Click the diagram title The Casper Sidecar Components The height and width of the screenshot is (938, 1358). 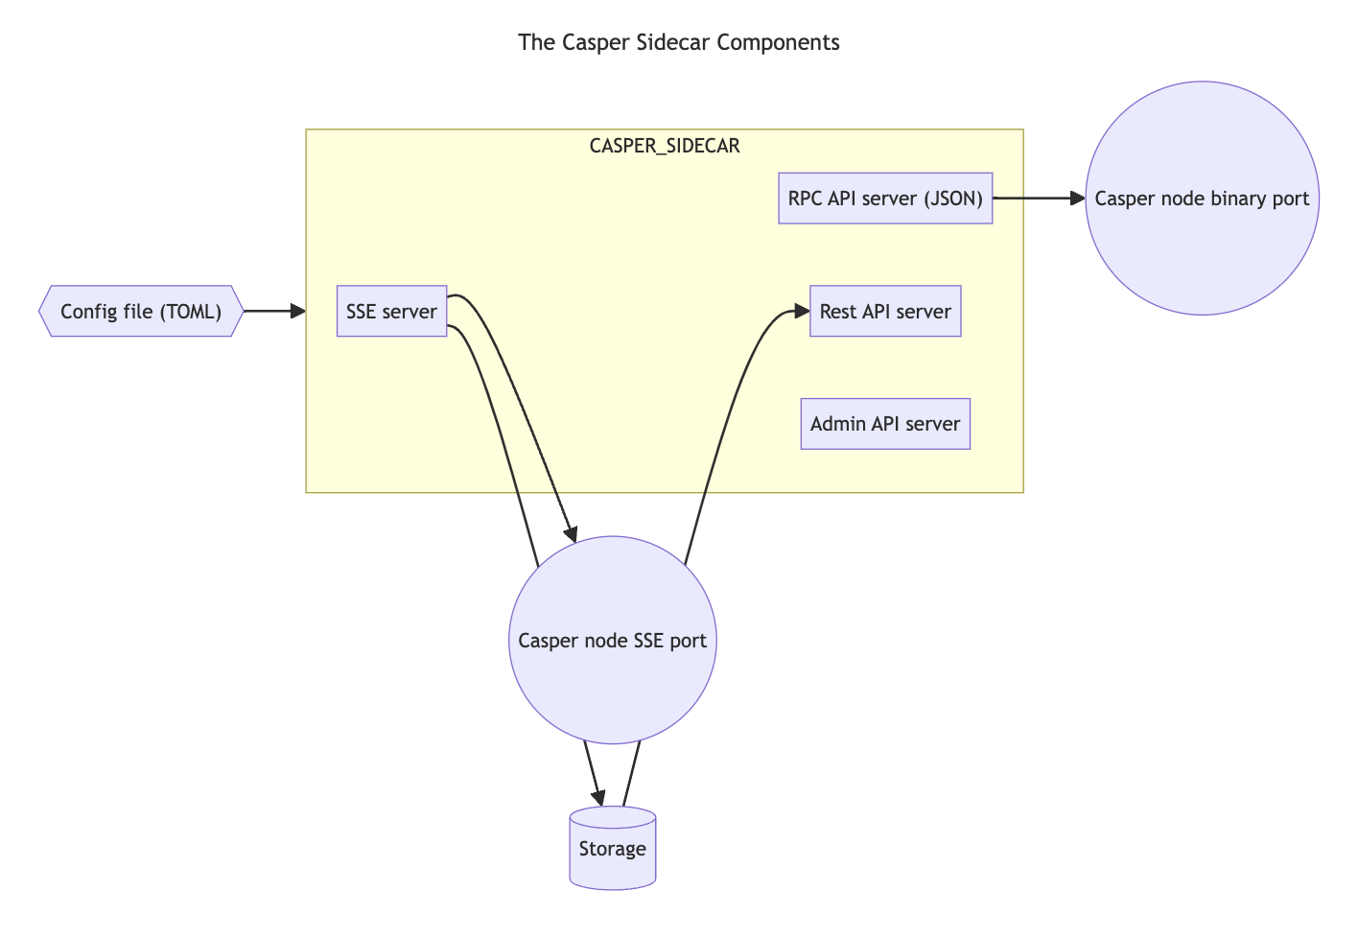tap(678, 42)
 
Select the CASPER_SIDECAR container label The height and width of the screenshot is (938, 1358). tap(664, 146)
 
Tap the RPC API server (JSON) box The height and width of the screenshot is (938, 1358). tap(884, 199)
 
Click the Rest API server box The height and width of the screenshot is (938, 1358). tap(884, 311)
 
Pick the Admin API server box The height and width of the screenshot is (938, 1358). tap(884, 424)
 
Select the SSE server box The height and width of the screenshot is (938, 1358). tap(391, 311)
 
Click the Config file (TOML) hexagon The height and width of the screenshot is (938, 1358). tap(141, 311)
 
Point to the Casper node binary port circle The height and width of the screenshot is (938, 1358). tap(1202, 198)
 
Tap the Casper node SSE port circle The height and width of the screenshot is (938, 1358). tap(612, 640)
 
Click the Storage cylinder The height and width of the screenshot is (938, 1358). tap(612, 849)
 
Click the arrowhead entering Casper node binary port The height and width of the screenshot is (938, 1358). tap(1076, 199)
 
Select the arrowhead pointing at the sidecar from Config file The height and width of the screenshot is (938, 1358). tap(297, 311)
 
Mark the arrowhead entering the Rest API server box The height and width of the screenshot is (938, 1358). tap(802, 311)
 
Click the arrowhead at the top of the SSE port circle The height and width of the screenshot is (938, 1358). tap(570, 534)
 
